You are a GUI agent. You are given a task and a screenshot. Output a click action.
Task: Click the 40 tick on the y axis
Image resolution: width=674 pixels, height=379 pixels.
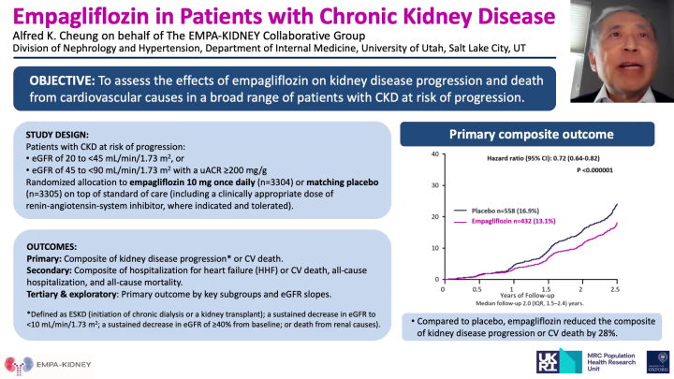pos(433,153)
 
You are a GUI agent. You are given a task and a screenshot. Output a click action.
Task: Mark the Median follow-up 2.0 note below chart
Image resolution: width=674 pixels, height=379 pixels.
pos(525,305)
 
